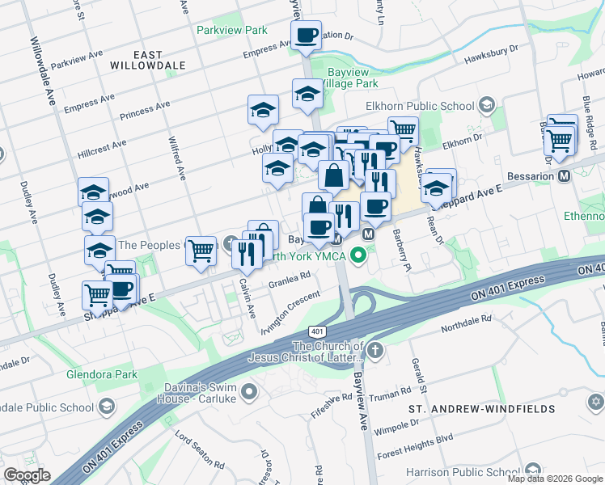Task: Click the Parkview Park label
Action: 231,30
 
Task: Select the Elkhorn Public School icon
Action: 487,105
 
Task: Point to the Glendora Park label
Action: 101,374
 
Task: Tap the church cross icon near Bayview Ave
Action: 374,351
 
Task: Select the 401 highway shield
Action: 316,332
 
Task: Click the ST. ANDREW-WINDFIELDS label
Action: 481,409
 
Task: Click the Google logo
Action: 27,475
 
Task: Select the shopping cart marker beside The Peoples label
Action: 201,251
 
